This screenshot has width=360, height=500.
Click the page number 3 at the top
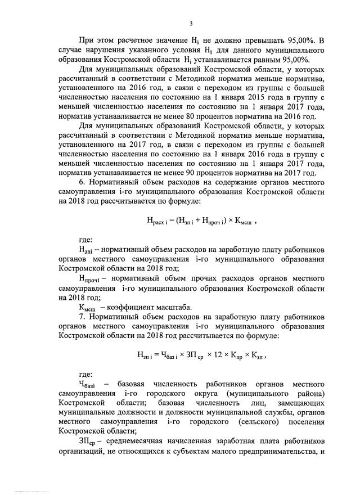(x=191, y=24)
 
